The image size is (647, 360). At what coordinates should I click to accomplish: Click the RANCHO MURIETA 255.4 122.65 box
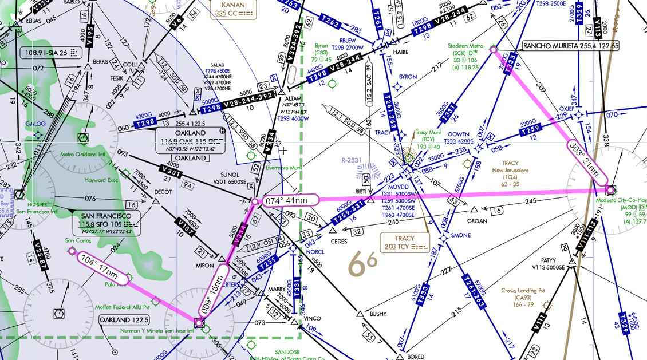(571, 45)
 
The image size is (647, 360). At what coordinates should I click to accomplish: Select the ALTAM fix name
(293, 99)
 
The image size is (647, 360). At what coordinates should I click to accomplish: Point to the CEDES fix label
(339, 242)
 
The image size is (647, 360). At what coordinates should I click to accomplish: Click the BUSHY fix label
(378, 314)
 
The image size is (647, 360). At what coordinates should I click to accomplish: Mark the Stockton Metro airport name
(468, 46)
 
